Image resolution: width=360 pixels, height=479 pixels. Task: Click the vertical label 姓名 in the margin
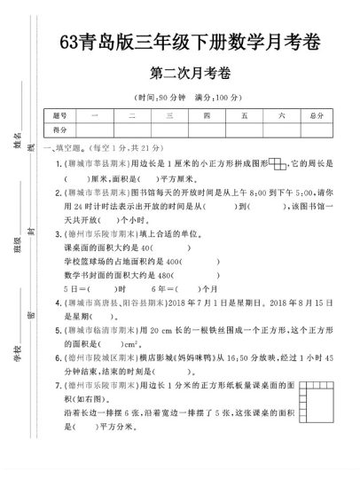click(x=17, y=134)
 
